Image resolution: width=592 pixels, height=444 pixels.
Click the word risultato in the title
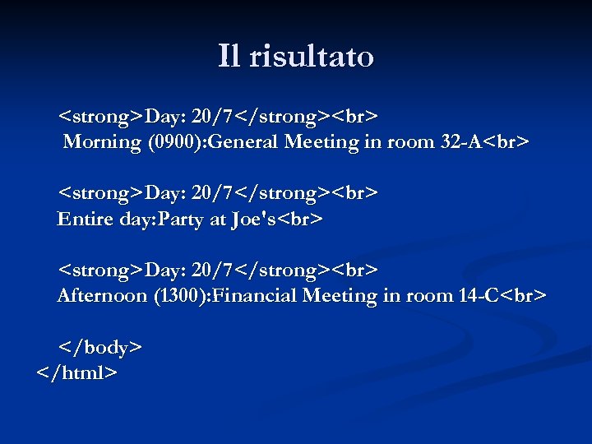point(311,56)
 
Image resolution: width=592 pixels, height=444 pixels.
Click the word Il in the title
point(229,56)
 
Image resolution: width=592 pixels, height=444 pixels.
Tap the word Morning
point(103,142)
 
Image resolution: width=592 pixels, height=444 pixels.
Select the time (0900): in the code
point(178,142)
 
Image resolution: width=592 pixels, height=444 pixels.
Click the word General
point(245,142)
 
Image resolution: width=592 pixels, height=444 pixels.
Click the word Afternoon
point(103,296)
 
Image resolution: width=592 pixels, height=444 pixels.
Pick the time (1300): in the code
point(183,296)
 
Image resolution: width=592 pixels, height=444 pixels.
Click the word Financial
point(255,296)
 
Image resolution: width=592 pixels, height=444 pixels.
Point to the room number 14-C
point(479,296)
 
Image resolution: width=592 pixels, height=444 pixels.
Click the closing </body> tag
point(99,348)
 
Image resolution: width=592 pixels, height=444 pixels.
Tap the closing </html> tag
point(77,373)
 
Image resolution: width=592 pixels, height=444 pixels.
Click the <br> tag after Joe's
point(300,220)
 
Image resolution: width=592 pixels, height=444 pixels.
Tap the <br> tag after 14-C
point(524,296)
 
